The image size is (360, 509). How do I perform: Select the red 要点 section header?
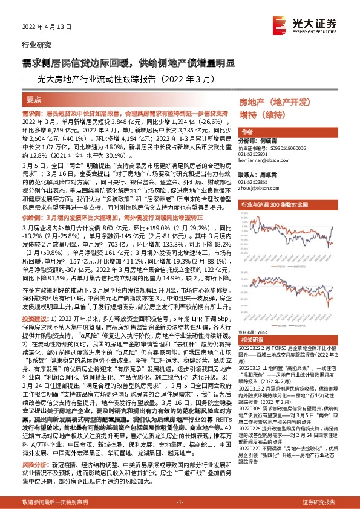[x=34, y=99]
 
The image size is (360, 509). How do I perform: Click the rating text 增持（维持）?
[x=257, y=113]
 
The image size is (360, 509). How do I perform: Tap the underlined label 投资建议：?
[x=33, y=317]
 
